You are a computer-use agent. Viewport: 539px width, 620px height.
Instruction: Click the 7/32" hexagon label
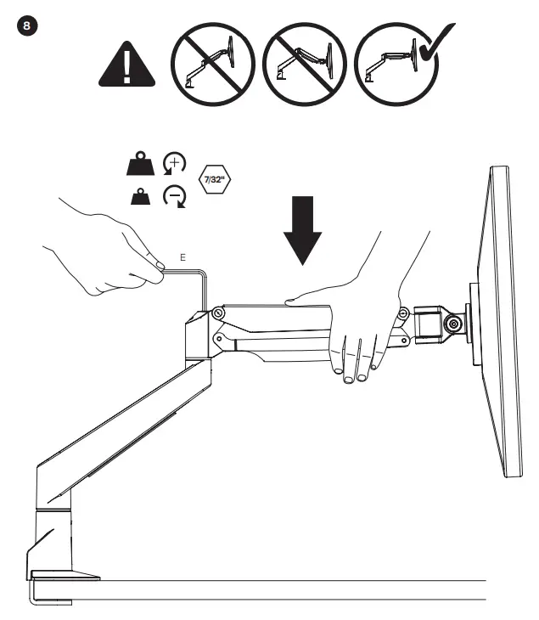point(213,181)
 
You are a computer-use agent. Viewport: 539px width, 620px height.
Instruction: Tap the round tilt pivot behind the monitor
point(452,324)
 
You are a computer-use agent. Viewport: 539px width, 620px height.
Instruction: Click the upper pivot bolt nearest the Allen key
point(218,313)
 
